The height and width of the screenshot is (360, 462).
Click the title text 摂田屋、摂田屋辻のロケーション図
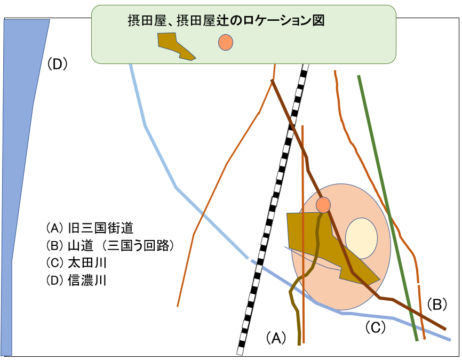coord(226,21)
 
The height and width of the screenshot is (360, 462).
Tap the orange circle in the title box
coord(226,42)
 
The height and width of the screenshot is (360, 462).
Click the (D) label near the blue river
coord(56,64)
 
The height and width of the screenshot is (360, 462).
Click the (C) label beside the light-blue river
coord(375,327)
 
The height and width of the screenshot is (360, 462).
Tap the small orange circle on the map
coord(323,204)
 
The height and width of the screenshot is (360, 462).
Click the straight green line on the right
coord(388,208)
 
